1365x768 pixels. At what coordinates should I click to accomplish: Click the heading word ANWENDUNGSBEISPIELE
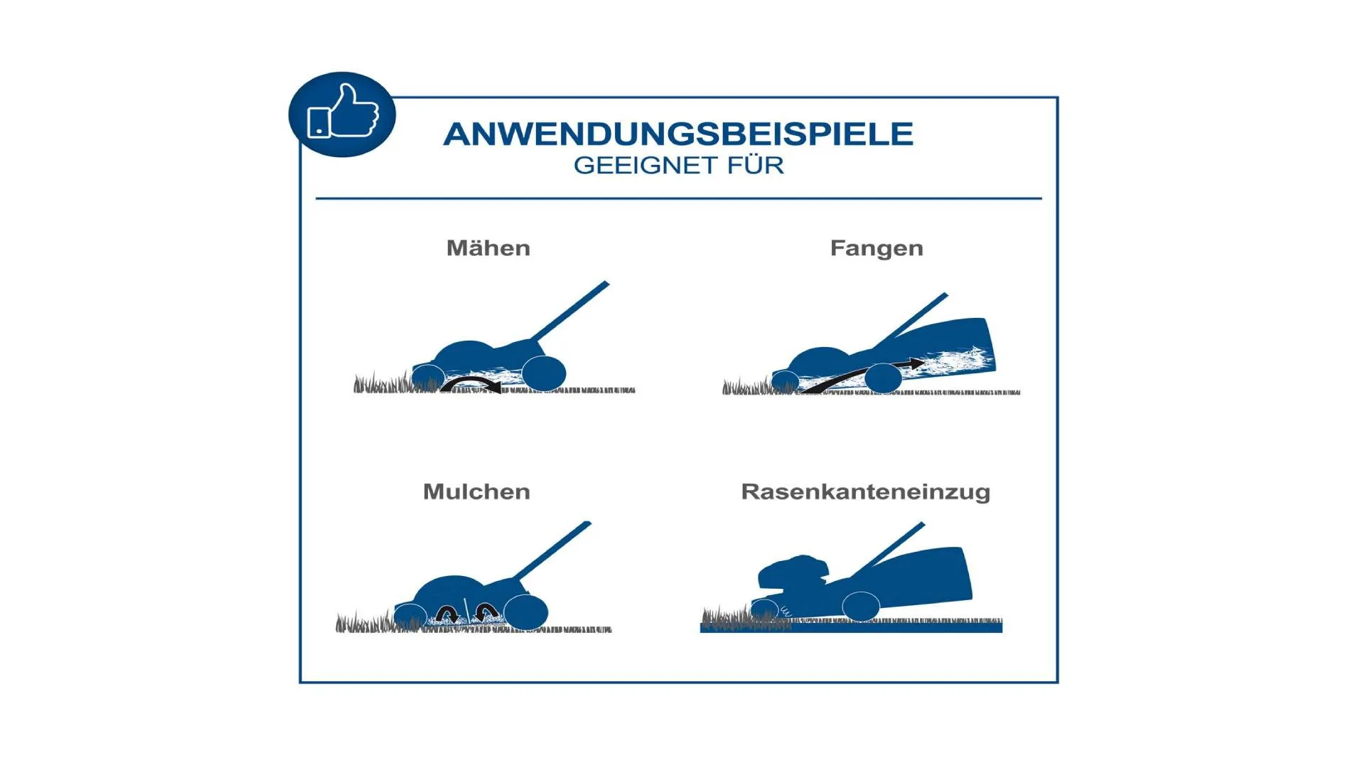coord(678,134)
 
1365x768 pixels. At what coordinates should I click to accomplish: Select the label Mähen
coord(488,248)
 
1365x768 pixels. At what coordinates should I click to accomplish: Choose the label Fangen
coord(877,249)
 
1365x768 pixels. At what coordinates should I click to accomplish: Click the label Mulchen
coord(476,492)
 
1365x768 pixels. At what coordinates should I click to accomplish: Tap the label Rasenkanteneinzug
coord(865,492)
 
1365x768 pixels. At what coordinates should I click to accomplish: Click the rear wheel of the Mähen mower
coord(544,373)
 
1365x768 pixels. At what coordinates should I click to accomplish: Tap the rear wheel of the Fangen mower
coord(883,378)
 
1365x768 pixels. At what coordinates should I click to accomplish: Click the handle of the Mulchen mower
coord(552,551)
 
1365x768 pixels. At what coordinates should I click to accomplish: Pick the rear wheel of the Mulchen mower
coord(526,612)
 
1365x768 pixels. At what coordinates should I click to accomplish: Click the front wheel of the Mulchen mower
coord(410,616)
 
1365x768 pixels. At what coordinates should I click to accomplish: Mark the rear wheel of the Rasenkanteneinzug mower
coord(861,606)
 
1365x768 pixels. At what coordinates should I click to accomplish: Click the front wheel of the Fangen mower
coord(786,381)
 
